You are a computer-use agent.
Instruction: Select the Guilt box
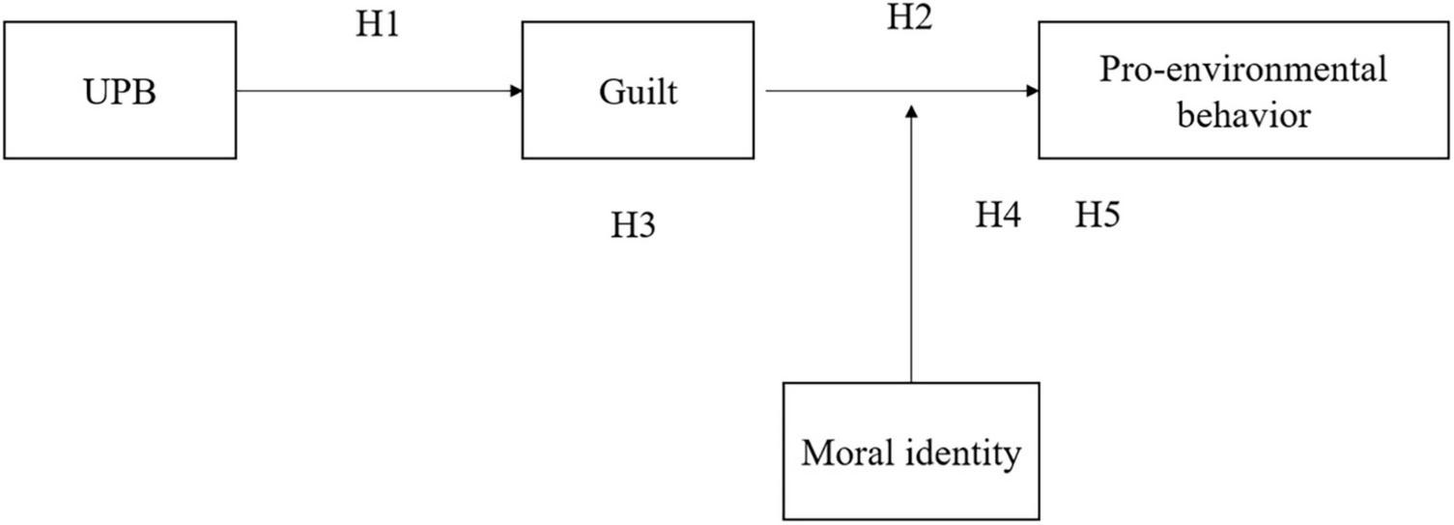(x=638, y=91)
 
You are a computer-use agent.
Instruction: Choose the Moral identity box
(x=910, y=452)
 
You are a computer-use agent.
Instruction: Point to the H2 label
(x=909, y=18)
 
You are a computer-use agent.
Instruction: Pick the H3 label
(x=633, y=225)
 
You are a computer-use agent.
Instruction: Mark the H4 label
(x=998, y=216)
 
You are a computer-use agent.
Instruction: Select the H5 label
(x=1098, y=216)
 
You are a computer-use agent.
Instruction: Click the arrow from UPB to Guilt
(x=377, y=92)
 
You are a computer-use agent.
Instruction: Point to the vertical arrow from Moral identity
(x=910, y=251)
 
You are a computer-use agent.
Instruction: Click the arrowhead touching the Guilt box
(x=516, y=92)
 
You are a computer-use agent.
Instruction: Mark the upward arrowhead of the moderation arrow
(x=910, y=112)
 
